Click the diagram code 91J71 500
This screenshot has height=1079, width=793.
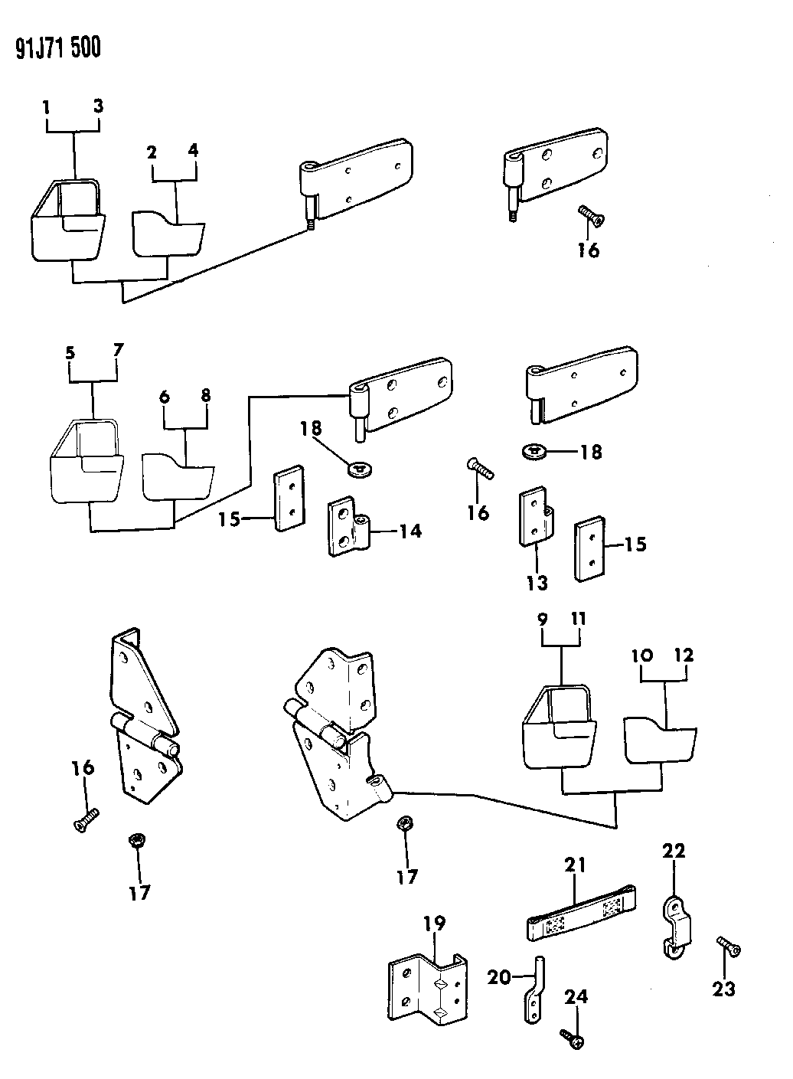pos(57,49)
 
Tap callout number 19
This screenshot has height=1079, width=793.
pos(434,924)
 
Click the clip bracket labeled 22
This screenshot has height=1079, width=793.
pos(674,927)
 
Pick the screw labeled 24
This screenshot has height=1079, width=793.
pos(574,1038)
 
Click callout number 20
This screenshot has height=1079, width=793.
pos(501,976)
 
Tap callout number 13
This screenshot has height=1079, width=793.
pos(537,584)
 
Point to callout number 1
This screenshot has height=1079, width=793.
pos(47,107)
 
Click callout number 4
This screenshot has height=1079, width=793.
pos(193,151)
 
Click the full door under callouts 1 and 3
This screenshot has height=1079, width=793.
pos(69,222)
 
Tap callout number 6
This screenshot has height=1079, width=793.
pos(163,397)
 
